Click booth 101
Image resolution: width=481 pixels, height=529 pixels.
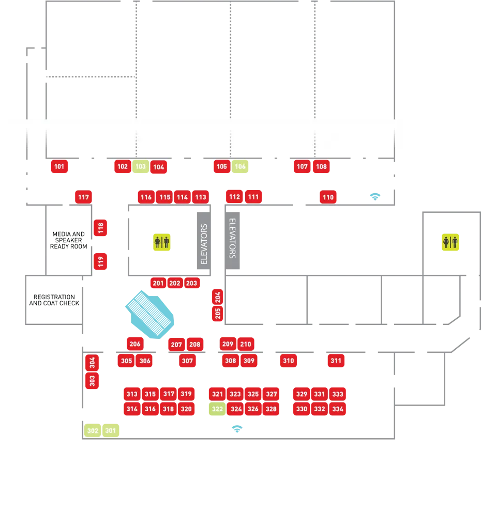point(59,166)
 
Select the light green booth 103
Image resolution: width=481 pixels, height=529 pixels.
point(140,166)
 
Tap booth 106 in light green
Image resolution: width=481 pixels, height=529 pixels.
point(240,166)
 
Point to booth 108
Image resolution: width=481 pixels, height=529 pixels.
point(321,166)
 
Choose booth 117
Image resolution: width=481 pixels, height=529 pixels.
point(83,197)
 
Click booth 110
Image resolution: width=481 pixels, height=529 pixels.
point(328,197)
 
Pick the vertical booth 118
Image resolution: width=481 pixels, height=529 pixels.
point(100,227)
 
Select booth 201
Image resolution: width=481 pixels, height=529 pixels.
point(158,283)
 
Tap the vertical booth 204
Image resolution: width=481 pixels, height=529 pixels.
point(218,297)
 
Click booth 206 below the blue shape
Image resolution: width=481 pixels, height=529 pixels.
point(134,344)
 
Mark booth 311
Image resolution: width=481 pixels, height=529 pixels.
point(336,361)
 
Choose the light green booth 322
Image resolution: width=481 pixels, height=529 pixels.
point(217,409)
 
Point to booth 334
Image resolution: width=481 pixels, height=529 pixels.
point(338,409)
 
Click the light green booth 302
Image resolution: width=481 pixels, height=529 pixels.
point(93,430)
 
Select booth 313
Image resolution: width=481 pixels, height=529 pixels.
point(132,394)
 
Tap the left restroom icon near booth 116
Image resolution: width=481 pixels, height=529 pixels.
point(162,242)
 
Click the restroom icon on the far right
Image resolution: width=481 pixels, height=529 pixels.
point(449,242)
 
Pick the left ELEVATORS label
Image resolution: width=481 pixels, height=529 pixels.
point(204,244)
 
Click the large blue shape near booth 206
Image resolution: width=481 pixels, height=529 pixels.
point(151,314)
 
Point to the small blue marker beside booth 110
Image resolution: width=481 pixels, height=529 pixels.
point(374,195)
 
